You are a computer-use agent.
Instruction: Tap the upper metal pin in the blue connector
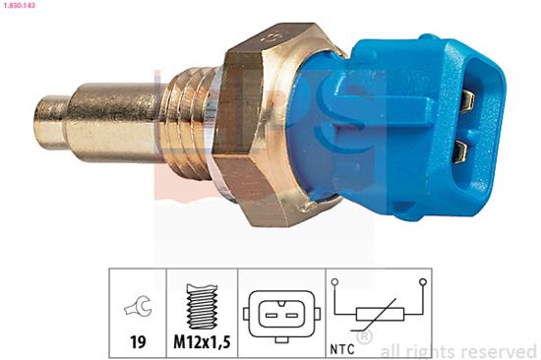click(467, 100)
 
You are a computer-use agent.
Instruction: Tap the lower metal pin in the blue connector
click(460, 151)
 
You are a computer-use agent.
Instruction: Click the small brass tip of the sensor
click(52, 122)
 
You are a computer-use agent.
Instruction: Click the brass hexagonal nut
click(263, 124)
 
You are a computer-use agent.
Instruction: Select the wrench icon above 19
click(138, 306)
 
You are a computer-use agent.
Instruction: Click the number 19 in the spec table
click(138, 341)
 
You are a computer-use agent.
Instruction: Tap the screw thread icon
click(202, 306)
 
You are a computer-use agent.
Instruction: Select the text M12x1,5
click(202, 341)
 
